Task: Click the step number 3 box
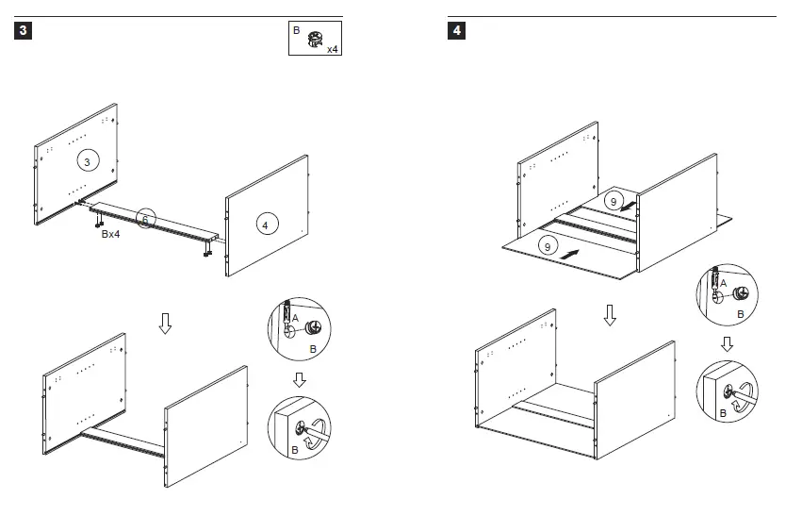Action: coord(24,31)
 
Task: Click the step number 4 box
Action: coord(457,31)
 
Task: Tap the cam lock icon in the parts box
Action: coord(315,39)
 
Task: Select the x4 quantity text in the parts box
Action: coord(332,49)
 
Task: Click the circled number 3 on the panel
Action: coord(87,162)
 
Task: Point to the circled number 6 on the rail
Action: coord(145,219)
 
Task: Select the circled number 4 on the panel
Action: coord(265,225)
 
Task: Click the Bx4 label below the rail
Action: coord(110,234)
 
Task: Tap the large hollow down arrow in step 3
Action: coord(165,324)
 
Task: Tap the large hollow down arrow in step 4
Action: coord(610,315)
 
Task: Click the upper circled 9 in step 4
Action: coord(613,201)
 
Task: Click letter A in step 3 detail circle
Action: coord(295,319)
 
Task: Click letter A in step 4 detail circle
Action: coord(723,282)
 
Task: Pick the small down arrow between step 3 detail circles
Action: coord(299,379)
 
